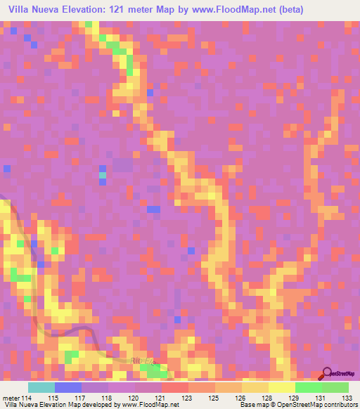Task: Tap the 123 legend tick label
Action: [188, 398]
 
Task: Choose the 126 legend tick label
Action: [240, 398]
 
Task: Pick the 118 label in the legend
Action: [108, 398]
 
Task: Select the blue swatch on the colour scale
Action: [68, 387]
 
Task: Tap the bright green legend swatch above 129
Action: [309, 387]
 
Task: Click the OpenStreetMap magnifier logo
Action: [326, 374]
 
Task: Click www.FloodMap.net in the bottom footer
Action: [149, 405]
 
